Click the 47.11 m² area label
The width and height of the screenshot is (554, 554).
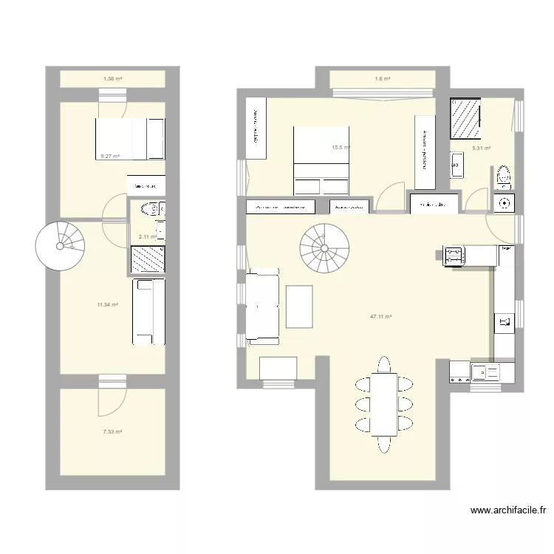coord(380,316)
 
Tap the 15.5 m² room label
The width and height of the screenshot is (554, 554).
coord(340,148)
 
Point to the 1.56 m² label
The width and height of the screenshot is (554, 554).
coord(112,78)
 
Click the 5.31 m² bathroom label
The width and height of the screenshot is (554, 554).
coord(482,148)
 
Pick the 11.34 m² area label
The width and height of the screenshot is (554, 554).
coord(108,304)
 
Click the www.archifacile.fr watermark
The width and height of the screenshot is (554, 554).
coord(508,510)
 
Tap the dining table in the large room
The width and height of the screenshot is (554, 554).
coord(384,405)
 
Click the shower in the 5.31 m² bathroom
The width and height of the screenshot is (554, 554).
coord(466,119)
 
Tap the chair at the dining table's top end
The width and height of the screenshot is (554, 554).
coord(384,364)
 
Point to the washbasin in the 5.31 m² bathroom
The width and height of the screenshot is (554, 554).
coord(455,163)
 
